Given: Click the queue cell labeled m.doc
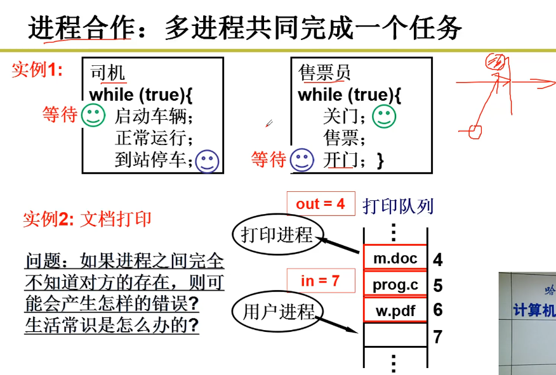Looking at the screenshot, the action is (395, 258).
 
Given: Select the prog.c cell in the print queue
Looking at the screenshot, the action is (395, 284).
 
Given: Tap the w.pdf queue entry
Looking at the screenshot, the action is (395, 310).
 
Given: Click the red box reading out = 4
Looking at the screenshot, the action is (320, 203).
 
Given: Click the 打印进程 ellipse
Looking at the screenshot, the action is (277, 235).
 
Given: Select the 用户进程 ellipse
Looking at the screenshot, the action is (278, 312).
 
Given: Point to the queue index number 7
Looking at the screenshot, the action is (437, 337).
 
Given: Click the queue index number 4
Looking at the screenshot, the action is (437, 260).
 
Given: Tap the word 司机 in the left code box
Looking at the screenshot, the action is (108, 73).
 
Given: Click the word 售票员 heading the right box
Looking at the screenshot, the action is (324, 73).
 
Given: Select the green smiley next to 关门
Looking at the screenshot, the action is (383, 116).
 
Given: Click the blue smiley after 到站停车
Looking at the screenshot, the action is (207, 161).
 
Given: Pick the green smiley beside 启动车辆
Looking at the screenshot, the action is (93, 115).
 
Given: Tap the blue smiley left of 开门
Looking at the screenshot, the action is (302, 160).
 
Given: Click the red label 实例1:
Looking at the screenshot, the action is (37, 70).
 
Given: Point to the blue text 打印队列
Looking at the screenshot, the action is (398, 205).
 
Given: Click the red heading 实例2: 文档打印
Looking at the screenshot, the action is (87, 220).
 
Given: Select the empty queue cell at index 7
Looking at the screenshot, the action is (395, 334).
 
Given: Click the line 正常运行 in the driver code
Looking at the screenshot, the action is (153, 137).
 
